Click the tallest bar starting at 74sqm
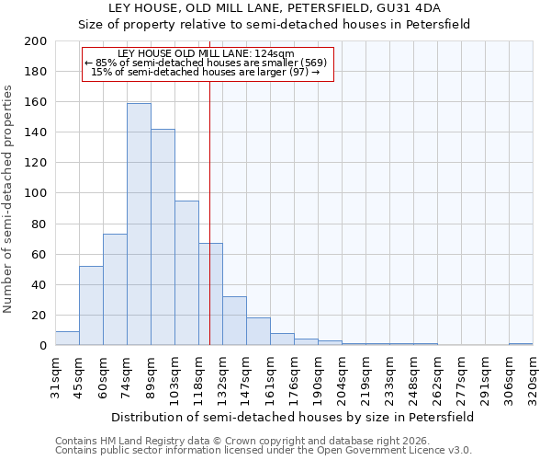point(139,224)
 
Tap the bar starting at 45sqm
point(91,305)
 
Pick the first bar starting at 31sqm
point(67,339)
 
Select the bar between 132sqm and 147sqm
point(234,321)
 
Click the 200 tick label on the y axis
point(36,41)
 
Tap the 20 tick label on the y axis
point(39,316)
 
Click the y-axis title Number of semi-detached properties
point(9,199)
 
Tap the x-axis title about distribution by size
point(292,417)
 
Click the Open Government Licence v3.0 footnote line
point(264,451)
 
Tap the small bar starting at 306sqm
point(521,344)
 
